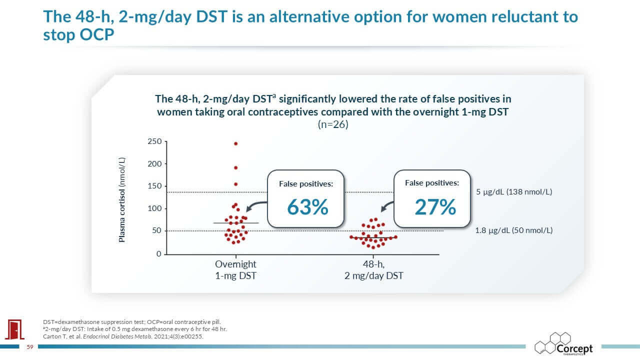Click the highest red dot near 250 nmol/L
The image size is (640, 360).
coord(235,143)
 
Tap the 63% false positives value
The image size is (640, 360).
coord(307,206)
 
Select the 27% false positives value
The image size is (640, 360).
coord(435,206)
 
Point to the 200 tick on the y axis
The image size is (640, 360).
coord(154,164)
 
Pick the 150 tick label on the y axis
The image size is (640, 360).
coord(154,186)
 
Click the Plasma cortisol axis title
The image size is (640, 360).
coord(122,200)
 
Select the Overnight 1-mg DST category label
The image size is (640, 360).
coord(235,269)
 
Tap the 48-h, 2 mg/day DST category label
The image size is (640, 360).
coord(374,269)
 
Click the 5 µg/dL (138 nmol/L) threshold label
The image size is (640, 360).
coord(513,191)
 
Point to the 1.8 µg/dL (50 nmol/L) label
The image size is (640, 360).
coord(513,230)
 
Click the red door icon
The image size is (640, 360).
coord(12,329)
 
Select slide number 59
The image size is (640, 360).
coord(29,346)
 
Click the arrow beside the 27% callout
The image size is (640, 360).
coord(387,207)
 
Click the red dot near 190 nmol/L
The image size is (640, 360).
coord(235,167)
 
